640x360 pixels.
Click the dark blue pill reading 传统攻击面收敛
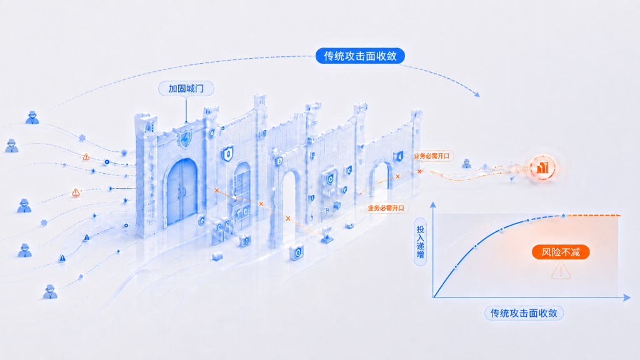(360, 56)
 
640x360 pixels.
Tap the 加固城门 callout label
(186, 89)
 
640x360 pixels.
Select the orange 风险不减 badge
(561, 252)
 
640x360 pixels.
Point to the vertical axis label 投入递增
(421, 242)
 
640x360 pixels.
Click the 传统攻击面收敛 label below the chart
(524, 313)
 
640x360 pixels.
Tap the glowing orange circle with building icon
(542, 167)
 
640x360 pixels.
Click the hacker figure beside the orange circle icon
(466, 164)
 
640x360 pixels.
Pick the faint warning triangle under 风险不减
(561, 270)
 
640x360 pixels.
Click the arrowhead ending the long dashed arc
(477, 94)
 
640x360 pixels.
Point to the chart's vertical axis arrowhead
(433, 204)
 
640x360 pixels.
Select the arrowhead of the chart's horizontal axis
(627, 297)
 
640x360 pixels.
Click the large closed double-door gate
(182, 191)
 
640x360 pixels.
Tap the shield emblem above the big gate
(185, 138)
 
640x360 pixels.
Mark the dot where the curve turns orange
(564, 215)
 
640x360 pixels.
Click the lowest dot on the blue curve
(456, 267)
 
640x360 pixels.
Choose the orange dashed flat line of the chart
(592, 215)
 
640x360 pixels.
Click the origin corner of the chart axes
(434, 297)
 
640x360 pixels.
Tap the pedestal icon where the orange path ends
(327, 235)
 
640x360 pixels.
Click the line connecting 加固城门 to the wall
(186, 109)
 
